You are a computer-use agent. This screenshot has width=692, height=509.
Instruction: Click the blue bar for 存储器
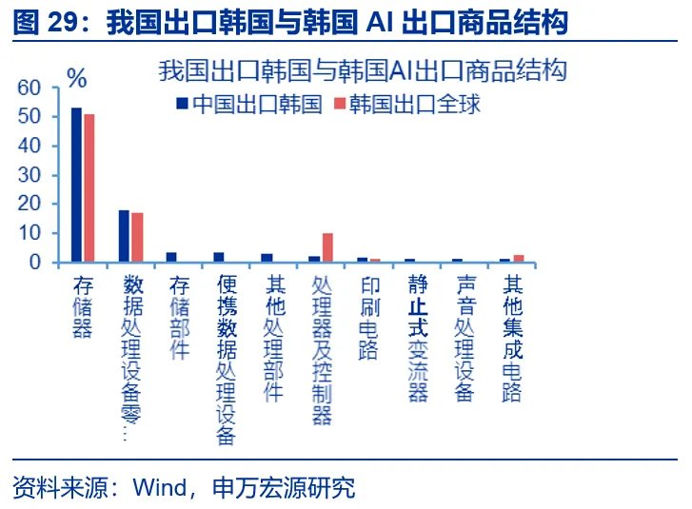tap(76, 185)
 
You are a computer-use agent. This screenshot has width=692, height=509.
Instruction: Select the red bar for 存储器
tap(89, 187)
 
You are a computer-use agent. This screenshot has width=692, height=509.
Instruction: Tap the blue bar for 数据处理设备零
tap(124, 236)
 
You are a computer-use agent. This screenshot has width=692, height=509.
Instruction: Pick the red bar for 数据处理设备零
tap(137, 237)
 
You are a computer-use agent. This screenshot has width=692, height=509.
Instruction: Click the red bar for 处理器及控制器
tap(327, 247)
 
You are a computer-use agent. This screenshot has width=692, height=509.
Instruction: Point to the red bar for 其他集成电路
tap(519, 258)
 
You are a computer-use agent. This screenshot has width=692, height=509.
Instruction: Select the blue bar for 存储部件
tap(171, 257)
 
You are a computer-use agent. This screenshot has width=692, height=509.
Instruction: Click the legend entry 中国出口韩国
tap(248, 105)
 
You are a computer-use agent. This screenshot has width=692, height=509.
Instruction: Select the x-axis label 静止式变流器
tap(417, 338)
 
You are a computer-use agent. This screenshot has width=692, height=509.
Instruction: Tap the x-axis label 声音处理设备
tap(465, 338)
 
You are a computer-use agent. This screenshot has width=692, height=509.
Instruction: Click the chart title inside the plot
tap(363, 70)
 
